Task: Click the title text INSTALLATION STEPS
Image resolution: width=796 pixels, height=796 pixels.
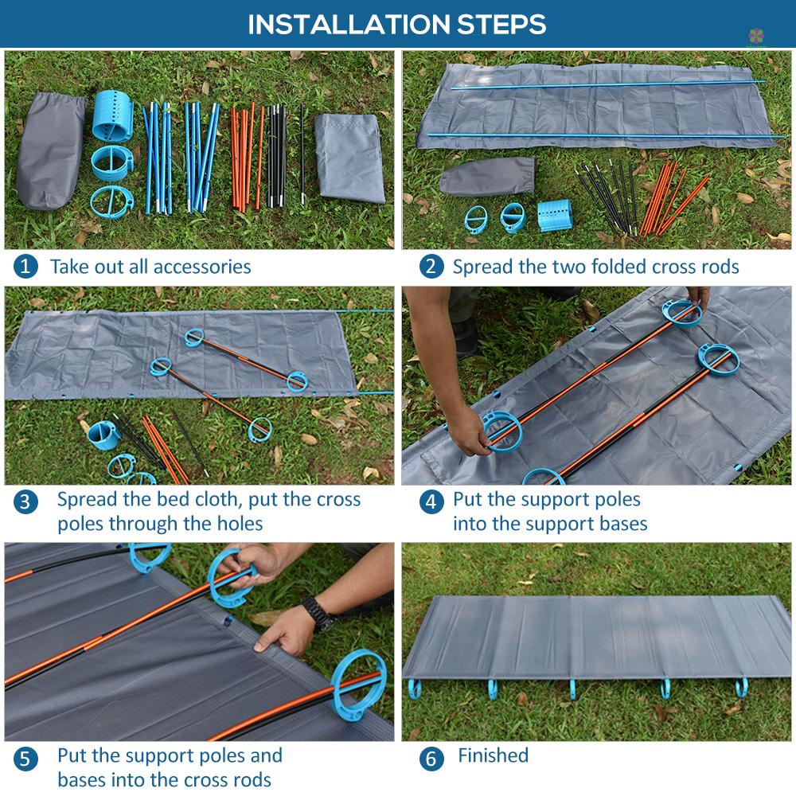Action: (396, 24)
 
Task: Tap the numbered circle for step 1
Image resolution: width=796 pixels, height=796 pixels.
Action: (25, 267)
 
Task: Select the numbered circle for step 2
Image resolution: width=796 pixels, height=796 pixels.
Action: (431, 267)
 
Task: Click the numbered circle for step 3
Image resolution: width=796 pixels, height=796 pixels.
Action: (25, 502)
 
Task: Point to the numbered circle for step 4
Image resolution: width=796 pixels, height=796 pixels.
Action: (431, 502)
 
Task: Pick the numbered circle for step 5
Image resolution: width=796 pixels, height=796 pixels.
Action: (25, 759)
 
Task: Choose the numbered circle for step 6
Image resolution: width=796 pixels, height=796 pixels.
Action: (431, 759)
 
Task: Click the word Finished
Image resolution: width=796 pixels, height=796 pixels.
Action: (493, 755)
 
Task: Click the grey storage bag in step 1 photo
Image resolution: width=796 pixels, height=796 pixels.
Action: (51, 150)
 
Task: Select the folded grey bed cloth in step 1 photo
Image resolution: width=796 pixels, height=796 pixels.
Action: (349, 158)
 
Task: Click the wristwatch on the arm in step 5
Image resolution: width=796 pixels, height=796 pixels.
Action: (319, 615)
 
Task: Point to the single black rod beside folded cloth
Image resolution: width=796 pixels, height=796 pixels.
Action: (302, 154)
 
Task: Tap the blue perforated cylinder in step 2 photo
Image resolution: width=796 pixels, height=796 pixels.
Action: (555, 215)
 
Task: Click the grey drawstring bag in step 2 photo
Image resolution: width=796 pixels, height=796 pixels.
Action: (487, 176)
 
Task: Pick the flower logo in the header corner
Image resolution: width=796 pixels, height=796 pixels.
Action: (756, 36)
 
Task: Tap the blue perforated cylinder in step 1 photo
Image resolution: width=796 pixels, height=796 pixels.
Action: (113, 116)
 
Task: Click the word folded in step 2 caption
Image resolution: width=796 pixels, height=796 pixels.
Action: (619, 267)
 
